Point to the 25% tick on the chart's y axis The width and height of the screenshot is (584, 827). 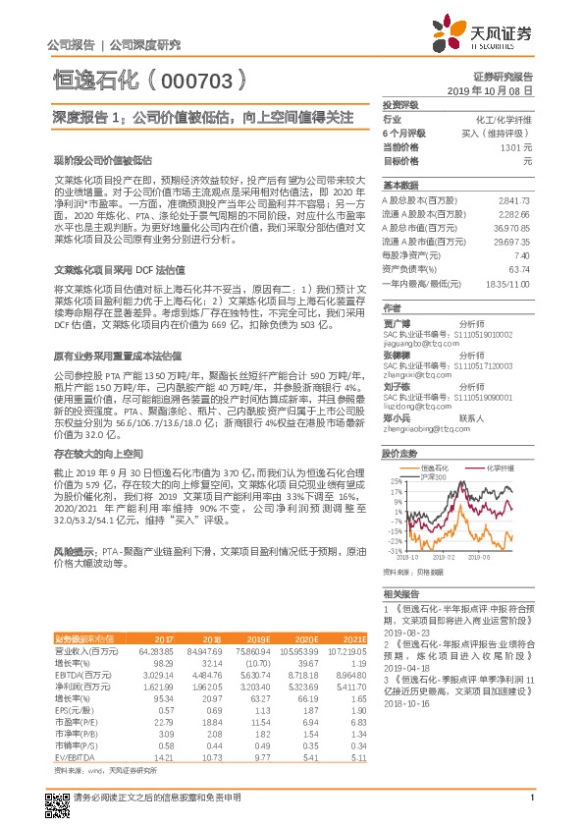(396, 481)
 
